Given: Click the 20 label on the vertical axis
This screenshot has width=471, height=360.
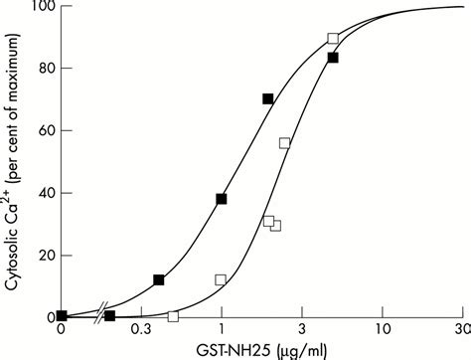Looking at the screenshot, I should tap(39, 256).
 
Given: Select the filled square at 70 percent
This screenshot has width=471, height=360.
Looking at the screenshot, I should tap(268, 98).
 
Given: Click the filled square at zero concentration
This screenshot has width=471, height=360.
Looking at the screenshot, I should tap(62, 315).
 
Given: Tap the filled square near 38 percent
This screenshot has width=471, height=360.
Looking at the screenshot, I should tap(222, 199).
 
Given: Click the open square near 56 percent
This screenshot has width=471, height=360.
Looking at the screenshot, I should tap(285, 143).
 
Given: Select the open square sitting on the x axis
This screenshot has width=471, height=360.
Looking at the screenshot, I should tap(173, 316).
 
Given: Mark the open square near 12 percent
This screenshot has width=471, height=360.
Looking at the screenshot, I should tap(221, 279).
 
